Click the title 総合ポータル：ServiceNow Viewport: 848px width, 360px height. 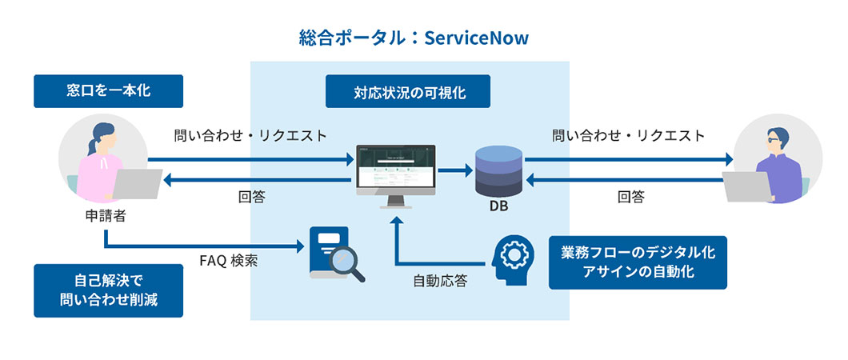click(x=414, y=38)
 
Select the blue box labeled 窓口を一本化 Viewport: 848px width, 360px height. click(x=108, y=91)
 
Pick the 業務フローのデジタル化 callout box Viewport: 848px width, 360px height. click(x=638, y=262)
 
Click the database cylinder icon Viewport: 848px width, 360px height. click(x=498, y=170)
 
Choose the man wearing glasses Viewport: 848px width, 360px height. click(x=776, y=160)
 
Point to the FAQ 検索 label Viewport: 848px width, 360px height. click(x=228, y=261)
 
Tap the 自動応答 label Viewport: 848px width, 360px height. click(x=440, y=281)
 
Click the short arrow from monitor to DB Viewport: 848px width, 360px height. click(x=454, y=170)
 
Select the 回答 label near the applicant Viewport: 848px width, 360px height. click(x=251, y=197)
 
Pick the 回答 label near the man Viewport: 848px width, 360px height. click(x=630, y=197)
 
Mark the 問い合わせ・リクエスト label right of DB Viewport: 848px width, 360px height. click(x=628, y=135)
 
